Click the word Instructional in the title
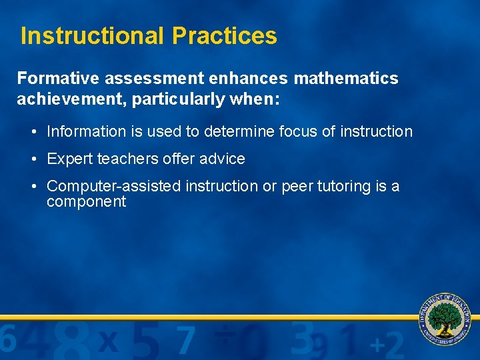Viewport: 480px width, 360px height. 92,36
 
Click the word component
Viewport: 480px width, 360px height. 86,202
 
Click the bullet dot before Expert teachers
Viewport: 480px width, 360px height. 33,159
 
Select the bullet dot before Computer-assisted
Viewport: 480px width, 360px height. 33,187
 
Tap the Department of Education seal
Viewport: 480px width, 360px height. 445,319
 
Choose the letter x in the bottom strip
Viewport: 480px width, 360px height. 108,342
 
